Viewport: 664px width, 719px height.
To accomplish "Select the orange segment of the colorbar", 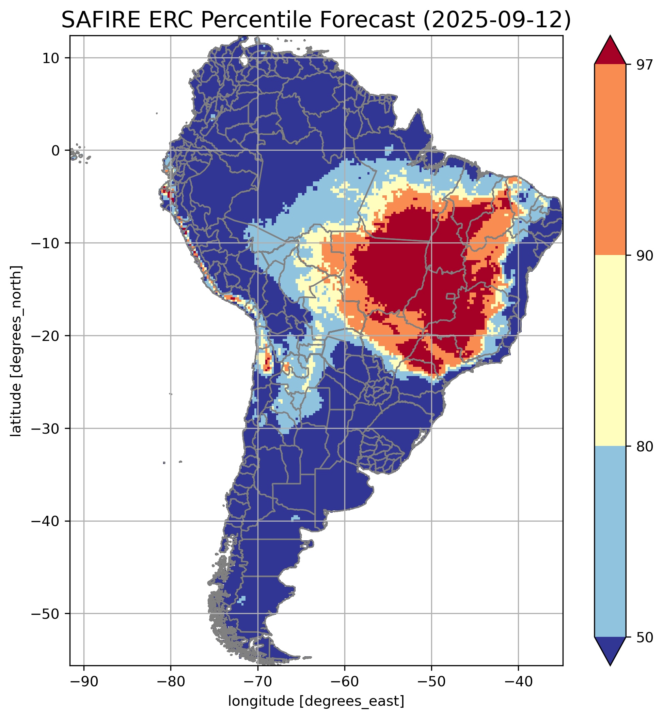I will pos(610,160).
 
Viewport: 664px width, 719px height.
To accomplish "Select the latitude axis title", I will pos(16,351).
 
